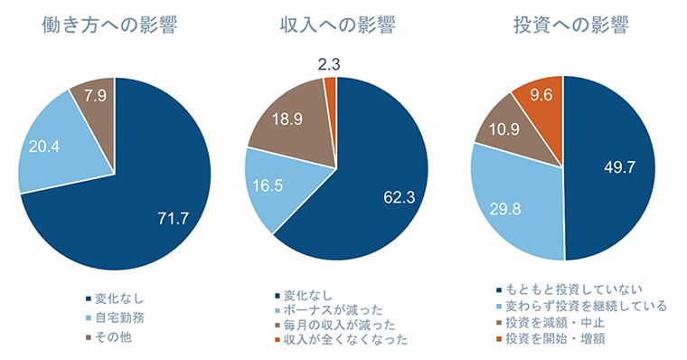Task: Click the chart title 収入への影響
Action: [x=335, y=24]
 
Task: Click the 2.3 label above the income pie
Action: [x=329, y=64]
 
